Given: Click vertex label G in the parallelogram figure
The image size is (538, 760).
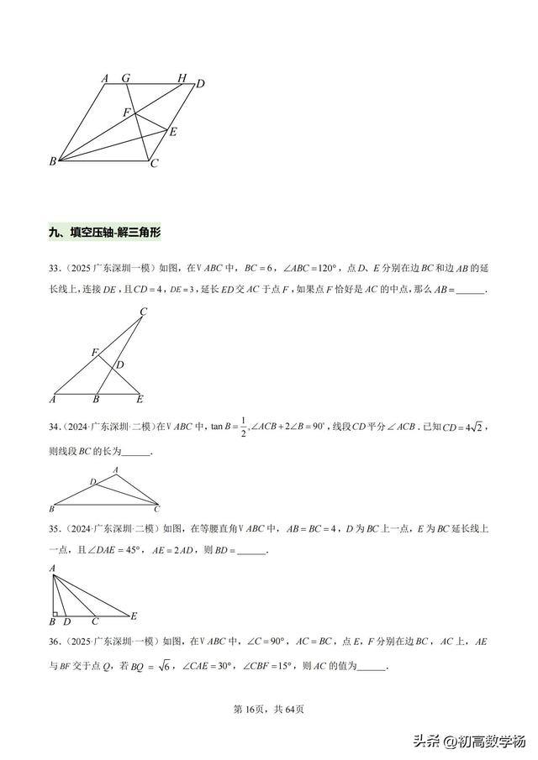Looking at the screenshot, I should tap(126, 78).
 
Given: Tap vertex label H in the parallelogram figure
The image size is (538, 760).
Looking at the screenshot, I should tap(182, 78).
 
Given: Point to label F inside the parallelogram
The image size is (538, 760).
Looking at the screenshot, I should tap(127, 112).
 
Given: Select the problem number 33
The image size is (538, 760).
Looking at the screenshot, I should tap(55, 268).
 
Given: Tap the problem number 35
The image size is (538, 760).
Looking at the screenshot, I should tap(55, 529).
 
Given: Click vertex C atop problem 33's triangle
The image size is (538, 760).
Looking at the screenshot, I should tap(144, 312).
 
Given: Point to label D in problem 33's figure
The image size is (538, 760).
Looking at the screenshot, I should tap(120, 364).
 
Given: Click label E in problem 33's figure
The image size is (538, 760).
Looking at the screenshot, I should tap(140, 399).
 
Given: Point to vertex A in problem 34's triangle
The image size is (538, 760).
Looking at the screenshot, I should tap(115, 470).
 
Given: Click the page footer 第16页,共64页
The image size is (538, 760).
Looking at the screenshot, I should tap(268, 709).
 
